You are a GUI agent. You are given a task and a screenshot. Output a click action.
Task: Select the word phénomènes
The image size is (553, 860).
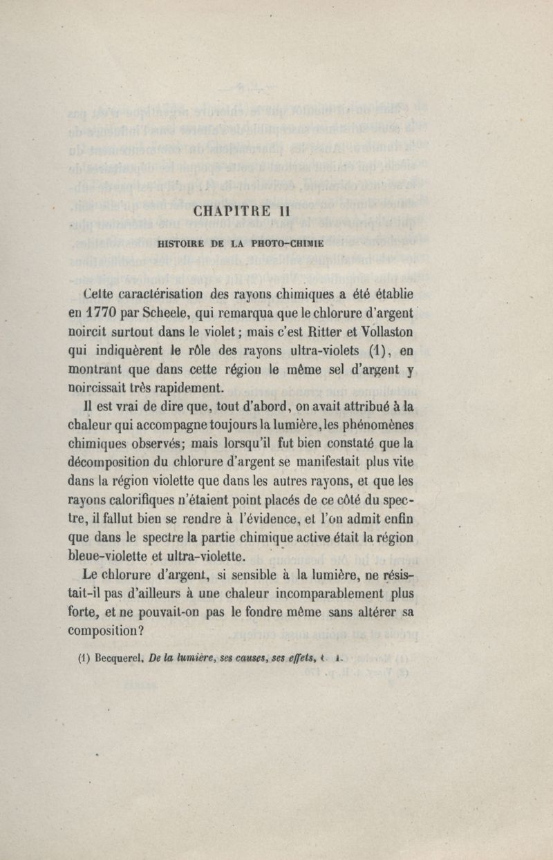[x=373, y=424]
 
